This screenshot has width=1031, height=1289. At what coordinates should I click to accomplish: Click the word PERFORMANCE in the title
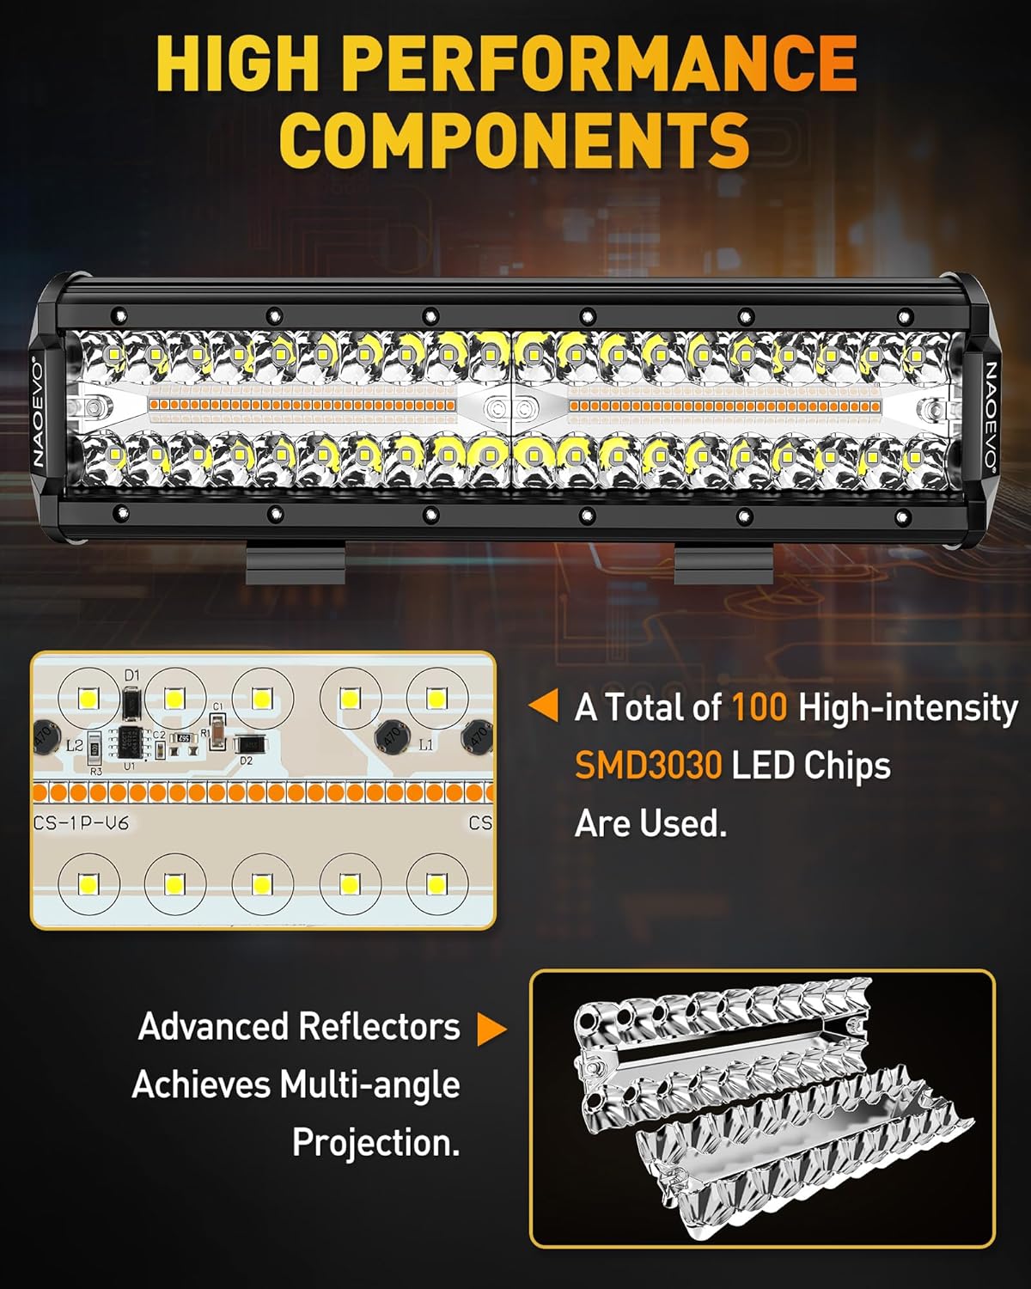click(x=604, y=64)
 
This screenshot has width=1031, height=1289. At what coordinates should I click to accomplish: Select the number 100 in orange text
click(x=760, y=707)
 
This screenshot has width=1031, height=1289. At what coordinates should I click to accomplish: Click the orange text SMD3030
click(x=648, y=765)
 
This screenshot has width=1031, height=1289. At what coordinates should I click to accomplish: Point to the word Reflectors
click(x=379, y=1027)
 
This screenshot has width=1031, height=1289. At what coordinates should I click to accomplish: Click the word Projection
click(x=375, y=1143)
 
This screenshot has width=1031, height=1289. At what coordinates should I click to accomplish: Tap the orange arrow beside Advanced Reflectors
click(x=491, y=1029)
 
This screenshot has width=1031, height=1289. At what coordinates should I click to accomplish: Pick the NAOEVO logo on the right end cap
click(x=990, y=413)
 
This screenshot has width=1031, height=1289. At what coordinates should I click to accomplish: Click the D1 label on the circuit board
click(x=131, y=676)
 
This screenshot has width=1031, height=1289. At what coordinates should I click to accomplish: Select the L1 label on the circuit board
click(x=425, y=745)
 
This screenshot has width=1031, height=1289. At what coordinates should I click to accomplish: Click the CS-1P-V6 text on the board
click(x=81, y=822)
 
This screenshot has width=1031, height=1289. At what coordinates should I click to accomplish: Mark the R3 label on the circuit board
click(x=95, y=771)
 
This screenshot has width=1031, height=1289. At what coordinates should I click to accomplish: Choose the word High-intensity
click(x=907, y=707)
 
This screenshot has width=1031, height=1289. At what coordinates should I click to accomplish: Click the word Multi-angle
click(x=369, y=1084)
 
